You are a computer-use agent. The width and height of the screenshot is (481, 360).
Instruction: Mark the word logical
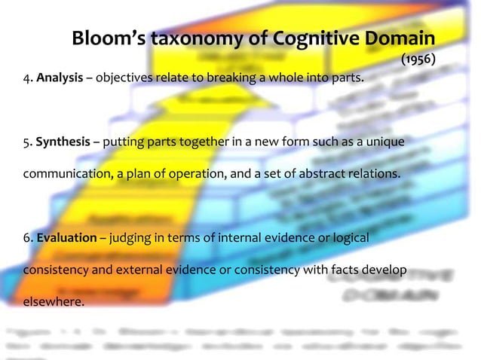(351, 239)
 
